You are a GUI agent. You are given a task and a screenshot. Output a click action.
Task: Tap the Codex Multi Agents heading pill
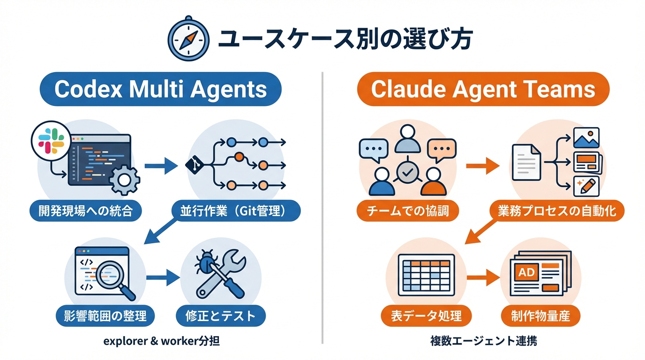point(160,89)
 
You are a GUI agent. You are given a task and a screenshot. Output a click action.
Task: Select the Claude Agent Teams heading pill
point(483,89)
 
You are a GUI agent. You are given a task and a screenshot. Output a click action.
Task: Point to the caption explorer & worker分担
point(162,341)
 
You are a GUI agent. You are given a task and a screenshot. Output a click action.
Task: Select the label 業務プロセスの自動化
point(557,211)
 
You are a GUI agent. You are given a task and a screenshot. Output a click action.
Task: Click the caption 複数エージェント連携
point(484,341)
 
